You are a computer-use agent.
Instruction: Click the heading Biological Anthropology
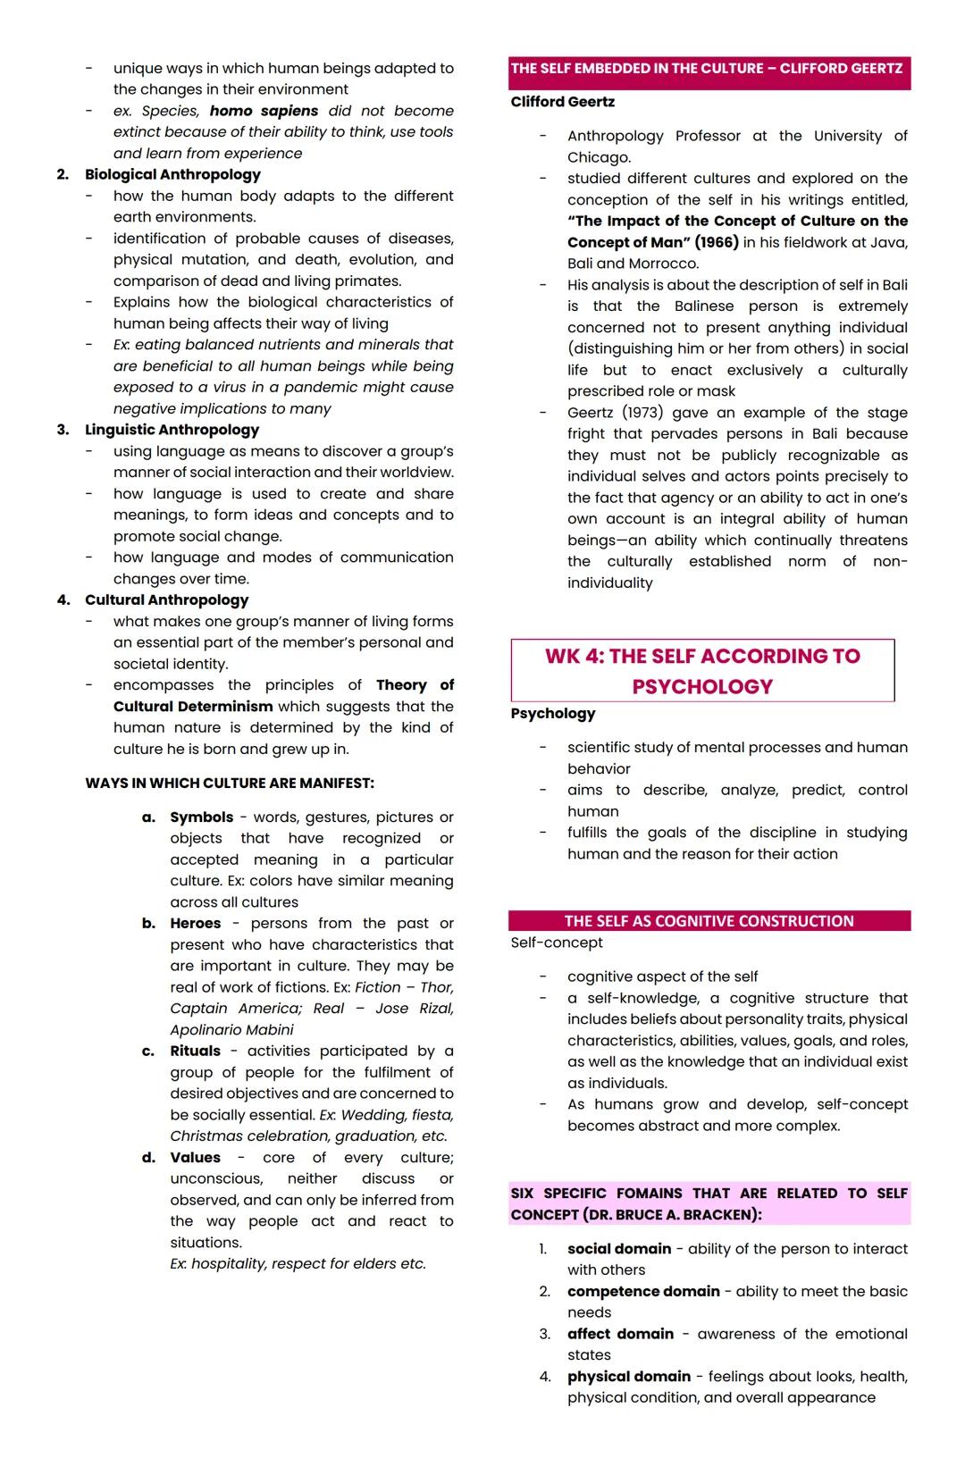tap(172, 175)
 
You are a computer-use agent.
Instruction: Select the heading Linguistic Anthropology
tap(172, 430)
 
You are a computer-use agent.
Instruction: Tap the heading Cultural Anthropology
tap(166, 600)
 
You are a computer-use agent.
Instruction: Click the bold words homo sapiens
tap(264, 111)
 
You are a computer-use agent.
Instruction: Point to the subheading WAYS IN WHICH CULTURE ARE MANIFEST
tap(230, 784)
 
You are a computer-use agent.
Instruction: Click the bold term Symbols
tap(201, 817)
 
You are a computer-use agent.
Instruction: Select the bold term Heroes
tap(195, 924)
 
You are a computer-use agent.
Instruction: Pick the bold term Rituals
tap(195, 1052)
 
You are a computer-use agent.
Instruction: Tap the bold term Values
tap(195, 1158)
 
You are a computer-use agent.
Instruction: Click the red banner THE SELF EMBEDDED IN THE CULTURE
tap(707, 70)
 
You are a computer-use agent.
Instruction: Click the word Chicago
tap(599, 157)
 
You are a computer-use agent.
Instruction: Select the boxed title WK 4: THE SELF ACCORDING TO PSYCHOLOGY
tap(702, 671)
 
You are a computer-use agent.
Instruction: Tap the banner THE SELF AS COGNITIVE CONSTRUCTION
tap(709, 921)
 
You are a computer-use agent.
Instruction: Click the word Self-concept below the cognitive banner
tap(557, 943)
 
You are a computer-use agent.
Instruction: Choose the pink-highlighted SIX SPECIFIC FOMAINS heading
tap(709, 1204)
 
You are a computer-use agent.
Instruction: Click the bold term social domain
tap(618, 1249)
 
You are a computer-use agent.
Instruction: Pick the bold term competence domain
tap(643, 1292)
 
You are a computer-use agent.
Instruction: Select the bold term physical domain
tap(628, 1377)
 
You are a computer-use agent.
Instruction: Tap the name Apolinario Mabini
tap(231, 1030)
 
